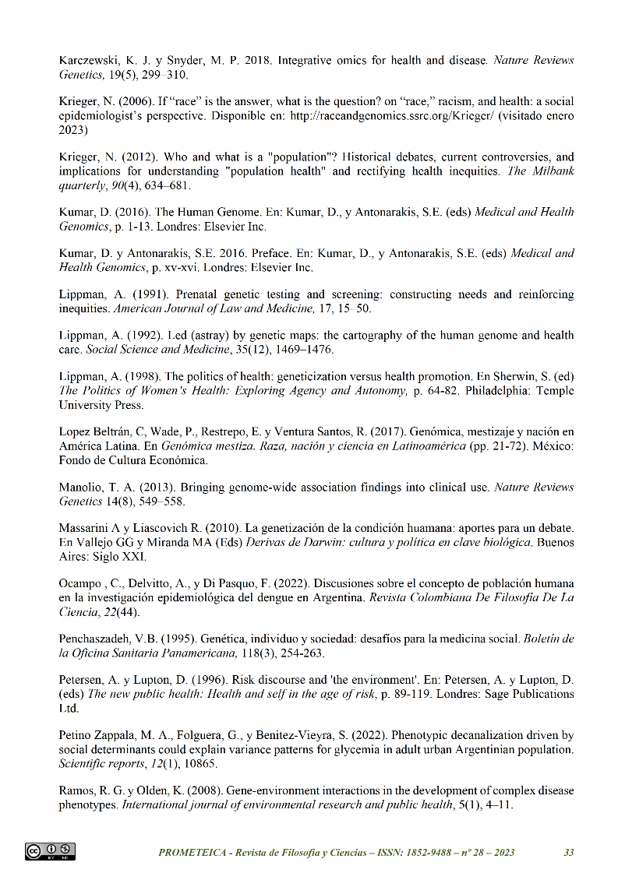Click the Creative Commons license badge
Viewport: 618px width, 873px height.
pyautogui.click(x=51, y=851)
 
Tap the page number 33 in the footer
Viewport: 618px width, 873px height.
pyautogui.click(x=569, y=852)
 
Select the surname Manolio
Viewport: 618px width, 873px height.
pyautogui.click(x=82, y=488)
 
